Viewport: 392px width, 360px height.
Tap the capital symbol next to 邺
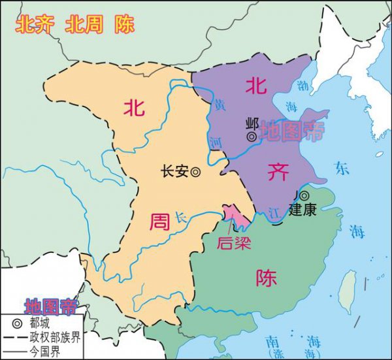point(252,137)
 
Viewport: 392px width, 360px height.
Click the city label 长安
point(174,171)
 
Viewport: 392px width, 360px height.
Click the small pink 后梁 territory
point(234,216)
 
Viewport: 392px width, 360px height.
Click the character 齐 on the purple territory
point(276,171)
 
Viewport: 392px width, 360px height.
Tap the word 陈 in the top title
point(124,25)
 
